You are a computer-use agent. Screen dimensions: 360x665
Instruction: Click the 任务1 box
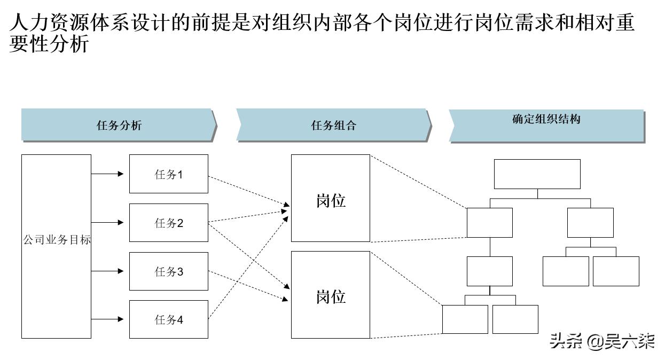168,174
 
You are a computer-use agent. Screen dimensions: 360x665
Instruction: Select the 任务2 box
168,223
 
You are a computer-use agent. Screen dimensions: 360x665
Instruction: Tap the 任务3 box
168,271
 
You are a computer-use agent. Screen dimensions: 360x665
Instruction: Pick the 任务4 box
168,319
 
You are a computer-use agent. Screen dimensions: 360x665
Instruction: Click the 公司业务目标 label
57,240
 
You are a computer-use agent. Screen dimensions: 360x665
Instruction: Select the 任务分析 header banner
119,126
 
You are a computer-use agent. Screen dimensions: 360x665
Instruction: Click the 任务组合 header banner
333,126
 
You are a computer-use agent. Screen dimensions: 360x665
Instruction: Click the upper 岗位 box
331,198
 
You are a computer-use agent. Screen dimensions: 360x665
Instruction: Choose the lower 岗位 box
331,295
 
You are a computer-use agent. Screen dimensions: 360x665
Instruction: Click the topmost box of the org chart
537,174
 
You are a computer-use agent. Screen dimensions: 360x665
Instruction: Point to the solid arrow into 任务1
107,174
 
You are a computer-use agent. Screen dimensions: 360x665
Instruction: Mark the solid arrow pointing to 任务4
107,319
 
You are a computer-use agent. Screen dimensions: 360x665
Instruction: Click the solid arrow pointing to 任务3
107,271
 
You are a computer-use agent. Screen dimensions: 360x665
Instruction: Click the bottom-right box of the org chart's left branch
515,319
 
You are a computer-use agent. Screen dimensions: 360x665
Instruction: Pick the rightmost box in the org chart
616,271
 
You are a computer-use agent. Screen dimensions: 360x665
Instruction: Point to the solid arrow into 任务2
107,222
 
